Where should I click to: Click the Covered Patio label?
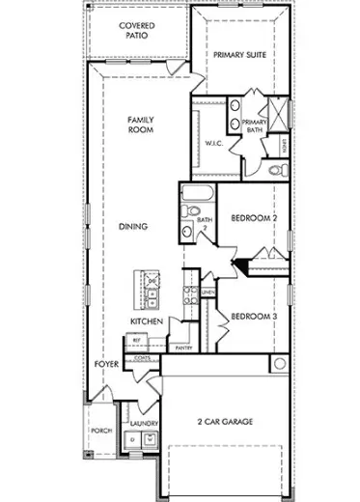point(138,31)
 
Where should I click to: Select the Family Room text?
point(142,125)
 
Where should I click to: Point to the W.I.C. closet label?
point(213,144)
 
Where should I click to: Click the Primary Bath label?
point(254,125)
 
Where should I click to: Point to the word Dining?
point(132,227)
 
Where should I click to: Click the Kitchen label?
point(145,321)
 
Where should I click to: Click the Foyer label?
point(105,364)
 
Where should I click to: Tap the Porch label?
point(101,431)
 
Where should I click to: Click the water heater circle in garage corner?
point(279,364)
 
